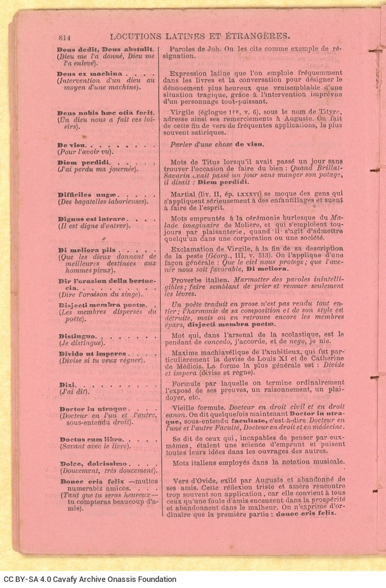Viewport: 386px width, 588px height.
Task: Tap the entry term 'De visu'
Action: [71, 146]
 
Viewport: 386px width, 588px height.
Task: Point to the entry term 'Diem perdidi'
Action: [84, 163]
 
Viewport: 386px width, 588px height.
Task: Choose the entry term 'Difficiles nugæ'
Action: [85, 195]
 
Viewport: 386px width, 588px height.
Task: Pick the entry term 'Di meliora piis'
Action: [85, 250]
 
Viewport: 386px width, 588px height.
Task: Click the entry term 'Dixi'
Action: [66, 385]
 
